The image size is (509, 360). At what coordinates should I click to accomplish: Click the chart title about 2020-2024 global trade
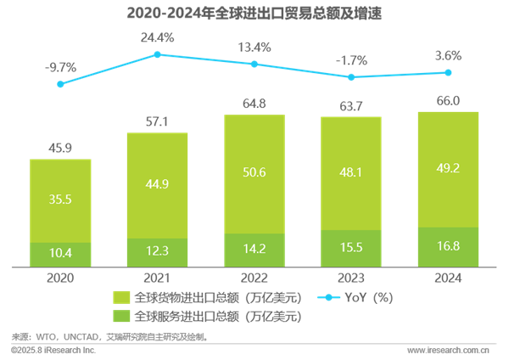pyautogui.click(x=254, y=13)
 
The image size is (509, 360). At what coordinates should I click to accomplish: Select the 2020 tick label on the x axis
pyautogui.click(x=59, y=277)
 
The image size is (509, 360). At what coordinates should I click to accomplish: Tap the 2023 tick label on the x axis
pyautogui.click(x=350, y=277)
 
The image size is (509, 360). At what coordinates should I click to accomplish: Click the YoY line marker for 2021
pyautogui.click(x=157, y=54)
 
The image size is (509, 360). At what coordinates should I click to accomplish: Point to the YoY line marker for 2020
pyautogui.click(x=59, y=83)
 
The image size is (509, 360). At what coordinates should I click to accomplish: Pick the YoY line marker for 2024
pyautogui.click(x=448, y=73)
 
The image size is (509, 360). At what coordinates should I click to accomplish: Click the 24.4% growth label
pyautogui.click(x=157, y=37)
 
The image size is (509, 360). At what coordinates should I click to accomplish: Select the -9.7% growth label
pyautogui.click(x=59, y=65)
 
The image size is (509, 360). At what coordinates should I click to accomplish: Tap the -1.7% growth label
pyautogui.click(x=350, y=60)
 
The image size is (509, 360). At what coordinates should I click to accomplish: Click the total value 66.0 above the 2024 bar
pyautogui.click(x=448, y=100)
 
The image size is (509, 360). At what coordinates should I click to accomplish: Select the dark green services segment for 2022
pyautogui.click(x=254, y=250)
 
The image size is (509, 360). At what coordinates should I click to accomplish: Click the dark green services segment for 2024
pyautogui.click(x=448, y=247)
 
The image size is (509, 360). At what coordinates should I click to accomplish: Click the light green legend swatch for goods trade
pyautogui.click(x=120, y=298)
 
